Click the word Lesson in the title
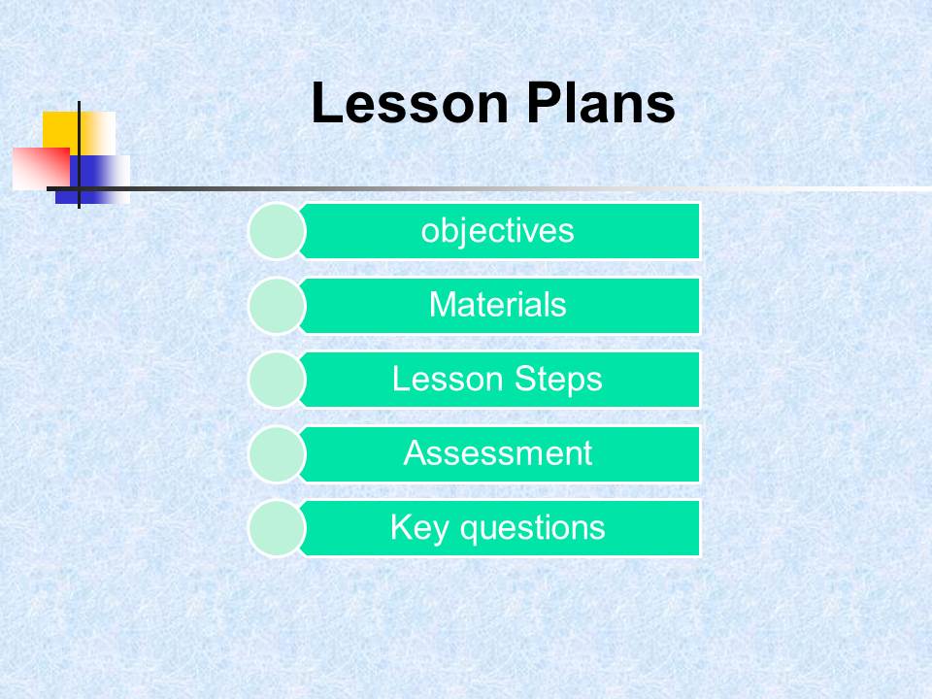tap(410, 104)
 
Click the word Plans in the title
tap(601, 104)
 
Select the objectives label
tap(497, 231)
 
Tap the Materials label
tap(497, 304)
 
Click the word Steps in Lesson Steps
tap(558, 380)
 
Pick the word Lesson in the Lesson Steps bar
tap(448, 379)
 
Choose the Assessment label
tap(497, 453)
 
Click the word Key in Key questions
tap(419, 528)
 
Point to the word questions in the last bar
tap(533, 528)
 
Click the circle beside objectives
tap(277, 231)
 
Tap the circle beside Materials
tap(277, 306)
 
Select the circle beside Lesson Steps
tap(277, 380)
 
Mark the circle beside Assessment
tap(277, 454)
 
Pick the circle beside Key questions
tap(277, 528)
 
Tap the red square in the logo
tap(41, 169)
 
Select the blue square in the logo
tap(92, 180)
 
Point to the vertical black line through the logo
tap(79, 154)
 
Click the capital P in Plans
tap(542, 104)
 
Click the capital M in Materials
tap(443, 304)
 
